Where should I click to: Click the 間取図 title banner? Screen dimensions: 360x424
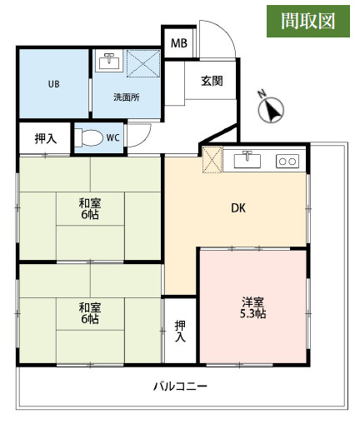(x=308, y=21)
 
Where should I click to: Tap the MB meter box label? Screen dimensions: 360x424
(x=179, y=43)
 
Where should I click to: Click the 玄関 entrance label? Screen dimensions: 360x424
(x=212, y=81)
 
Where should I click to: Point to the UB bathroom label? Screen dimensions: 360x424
(x=54, y=84)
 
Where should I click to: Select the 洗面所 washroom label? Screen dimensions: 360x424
(x=127, y=97)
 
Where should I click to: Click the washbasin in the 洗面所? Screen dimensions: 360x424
(x=111, y=61)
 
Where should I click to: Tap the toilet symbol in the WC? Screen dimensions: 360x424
(x=88, y=137)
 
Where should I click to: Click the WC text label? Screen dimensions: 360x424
(x=112, y=137)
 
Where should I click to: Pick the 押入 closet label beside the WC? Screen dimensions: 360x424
(x=46, y=138)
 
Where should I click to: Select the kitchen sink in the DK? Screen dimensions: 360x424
(x=247, y=160)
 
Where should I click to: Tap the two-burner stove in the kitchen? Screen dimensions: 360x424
(x=287, y=161)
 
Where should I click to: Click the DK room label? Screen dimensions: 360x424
(x=238, y=208)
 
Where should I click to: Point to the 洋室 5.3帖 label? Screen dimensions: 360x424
(x=252, y=307)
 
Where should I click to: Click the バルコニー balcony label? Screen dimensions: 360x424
(x=180, y=387)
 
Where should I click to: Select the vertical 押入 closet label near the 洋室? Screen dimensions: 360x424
(x=180, y=332)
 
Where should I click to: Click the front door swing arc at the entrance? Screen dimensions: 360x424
(x=224, y=32)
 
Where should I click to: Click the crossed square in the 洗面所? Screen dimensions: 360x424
(x=143, y=63)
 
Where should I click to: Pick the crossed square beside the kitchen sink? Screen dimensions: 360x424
(x=212, y=160)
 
